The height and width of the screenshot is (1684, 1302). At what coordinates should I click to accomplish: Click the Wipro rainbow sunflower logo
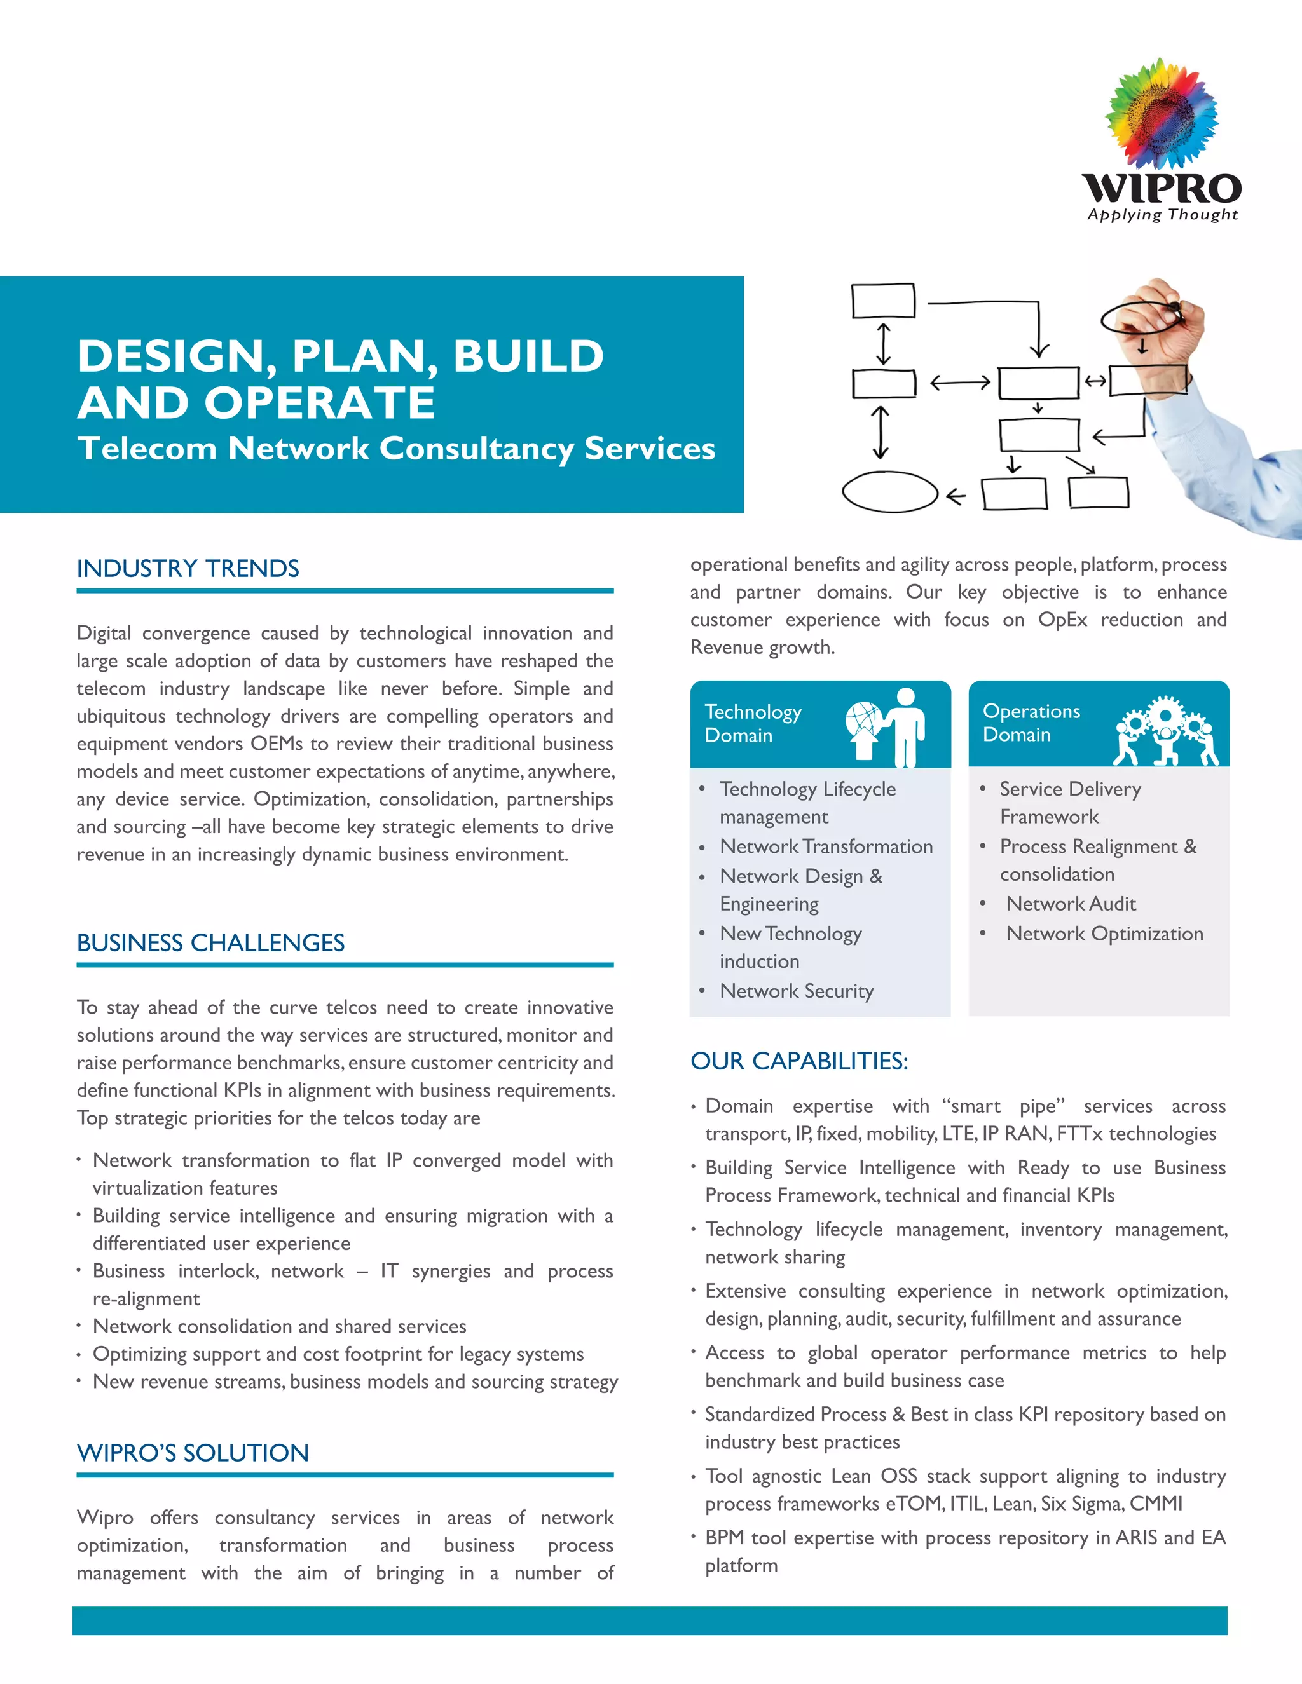(x=1161, y=114)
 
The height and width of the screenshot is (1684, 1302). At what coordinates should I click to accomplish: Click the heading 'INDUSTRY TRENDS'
(x=188, y=569)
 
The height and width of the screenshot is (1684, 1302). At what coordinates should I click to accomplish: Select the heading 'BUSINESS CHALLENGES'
(x=210, y=943)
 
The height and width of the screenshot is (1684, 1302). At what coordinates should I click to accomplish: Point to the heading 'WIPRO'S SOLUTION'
(x=193, y=1453)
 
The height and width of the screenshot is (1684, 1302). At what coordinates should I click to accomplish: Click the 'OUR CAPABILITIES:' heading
(x=799, y=1061)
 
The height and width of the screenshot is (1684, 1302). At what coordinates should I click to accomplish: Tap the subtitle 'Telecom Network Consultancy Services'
(x=397, y=449)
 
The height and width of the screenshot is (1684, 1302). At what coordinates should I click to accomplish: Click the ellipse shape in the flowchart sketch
(x=889, y=491)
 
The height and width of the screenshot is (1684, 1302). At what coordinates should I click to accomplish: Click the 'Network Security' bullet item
(x=797, y=991)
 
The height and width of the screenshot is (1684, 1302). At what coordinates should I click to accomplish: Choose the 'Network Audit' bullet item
(x=1071, y=904)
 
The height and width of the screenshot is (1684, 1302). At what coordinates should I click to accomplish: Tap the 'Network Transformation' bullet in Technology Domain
(x=826, y=846)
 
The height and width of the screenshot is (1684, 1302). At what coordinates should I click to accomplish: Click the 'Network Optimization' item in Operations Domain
(x=1104, y=934)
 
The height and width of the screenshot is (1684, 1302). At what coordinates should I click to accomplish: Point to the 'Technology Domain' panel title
(x=753, y=723)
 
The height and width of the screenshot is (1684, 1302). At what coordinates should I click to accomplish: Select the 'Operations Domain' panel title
(x=1031, y=723)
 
